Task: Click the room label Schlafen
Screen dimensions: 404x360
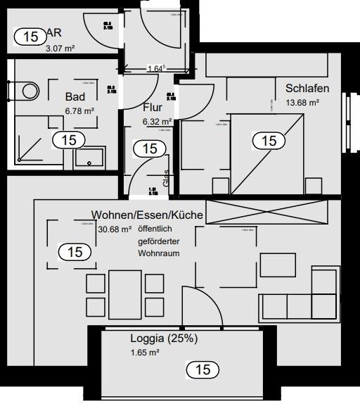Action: (307, 88)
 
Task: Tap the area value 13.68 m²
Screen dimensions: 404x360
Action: (302, 102)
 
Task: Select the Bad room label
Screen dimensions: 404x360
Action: (75, 96)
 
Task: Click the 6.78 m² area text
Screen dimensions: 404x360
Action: (79, 111)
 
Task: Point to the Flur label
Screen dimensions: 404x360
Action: (153, 108)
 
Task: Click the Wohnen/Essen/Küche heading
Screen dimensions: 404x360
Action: (147, 214)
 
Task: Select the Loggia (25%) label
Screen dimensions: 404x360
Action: (164, 338)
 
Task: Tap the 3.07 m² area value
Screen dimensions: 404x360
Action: (60, 49)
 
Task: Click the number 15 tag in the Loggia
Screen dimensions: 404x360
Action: (202, 369)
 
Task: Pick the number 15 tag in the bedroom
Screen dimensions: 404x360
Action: (269, 141)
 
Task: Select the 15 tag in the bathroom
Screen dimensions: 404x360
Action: (68, 139)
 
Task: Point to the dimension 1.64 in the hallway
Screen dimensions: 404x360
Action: (156, 69)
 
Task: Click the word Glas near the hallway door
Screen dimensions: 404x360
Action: (166, 179)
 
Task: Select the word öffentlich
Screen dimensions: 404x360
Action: (155, 229)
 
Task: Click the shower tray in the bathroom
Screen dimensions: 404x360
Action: (31, 142)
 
